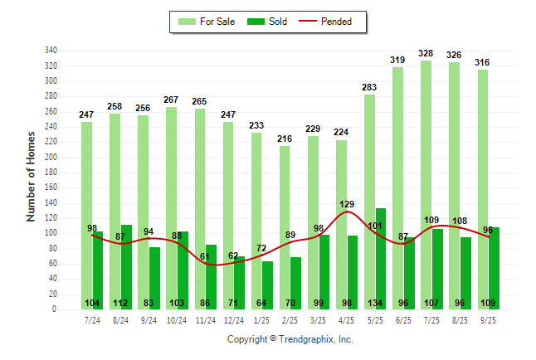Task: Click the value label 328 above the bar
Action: [426, 53]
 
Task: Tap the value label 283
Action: [369, 87]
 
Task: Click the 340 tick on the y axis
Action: [51, 50]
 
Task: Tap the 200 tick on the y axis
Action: [51, 157]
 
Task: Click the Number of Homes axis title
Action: [31, 176]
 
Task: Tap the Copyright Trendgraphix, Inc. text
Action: [290, 339]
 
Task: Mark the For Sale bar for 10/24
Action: [172, 208]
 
